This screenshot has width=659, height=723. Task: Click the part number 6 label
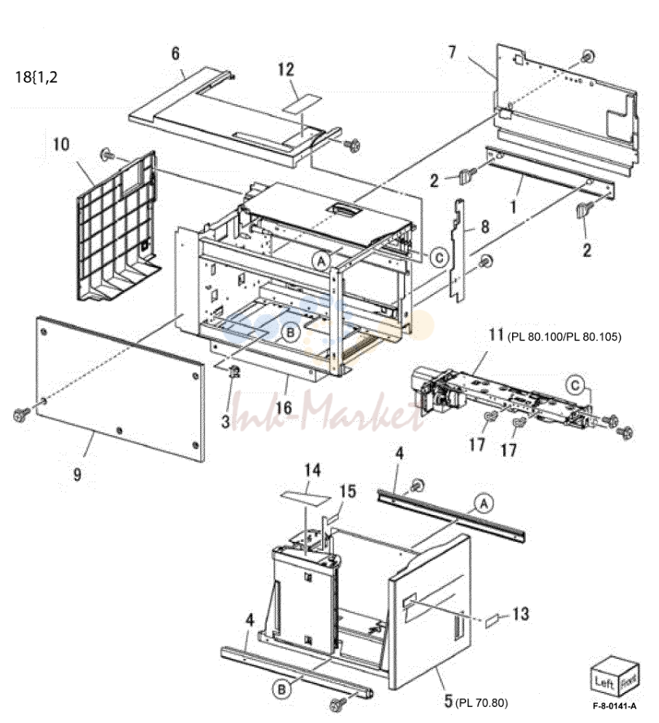(x=175, y=54)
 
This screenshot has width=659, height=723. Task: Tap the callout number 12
(x=286, y=69)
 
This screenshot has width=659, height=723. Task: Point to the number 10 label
(x=61, y=144)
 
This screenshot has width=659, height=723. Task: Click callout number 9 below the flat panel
(x=78, y=474)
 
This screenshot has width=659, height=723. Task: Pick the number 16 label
(x=284, y=407)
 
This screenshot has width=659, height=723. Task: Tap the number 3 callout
(x=225, y=420)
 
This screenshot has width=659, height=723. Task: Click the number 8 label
(x=484, y=226)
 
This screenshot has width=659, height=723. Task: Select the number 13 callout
(x=521, y=614)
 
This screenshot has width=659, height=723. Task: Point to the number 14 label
(x=312, y=470)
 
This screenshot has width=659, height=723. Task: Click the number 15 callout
(x=348, y=491)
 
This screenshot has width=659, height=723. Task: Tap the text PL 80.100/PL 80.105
(x=564, y=337)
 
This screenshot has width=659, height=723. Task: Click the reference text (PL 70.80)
(x=482, y=703)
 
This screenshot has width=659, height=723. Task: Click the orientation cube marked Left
(x=615, y=677)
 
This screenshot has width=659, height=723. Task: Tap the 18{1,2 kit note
(x=36, y=76)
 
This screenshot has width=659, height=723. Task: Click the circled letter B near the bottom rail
(x=281, y=690)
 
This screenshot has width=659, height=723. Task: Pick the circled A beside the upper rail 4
(x=484, y=503)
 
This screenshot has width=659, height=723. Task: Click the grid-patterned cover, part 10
(x=119, y=227)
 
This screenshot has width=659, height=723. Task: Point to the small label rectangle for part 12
(x=301, y=104)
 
